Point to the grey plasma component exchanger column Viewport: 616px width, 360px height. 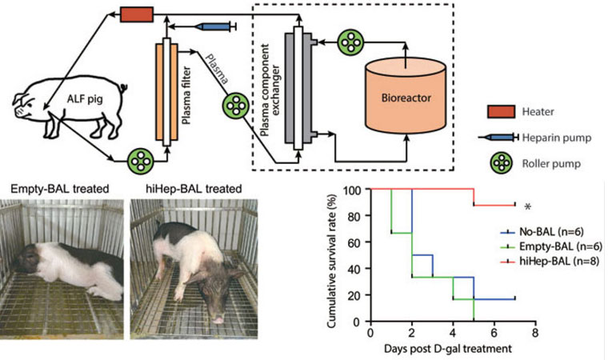click(298, 88)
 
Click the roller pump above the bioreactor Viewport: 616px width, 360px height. click(350, 41)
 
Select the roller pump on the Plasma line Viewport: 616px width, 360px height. click(238, 105)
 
